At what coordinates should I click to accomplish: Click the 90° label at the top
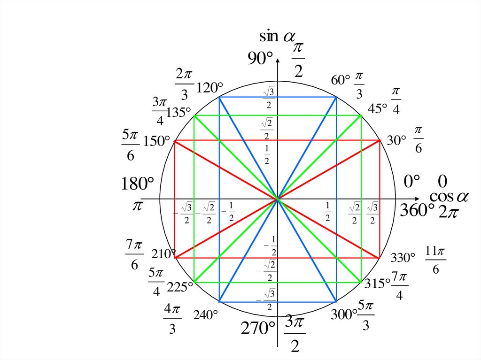(x=260, y=59)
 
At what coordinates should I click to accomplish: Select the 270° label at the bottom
(x=258, y=328)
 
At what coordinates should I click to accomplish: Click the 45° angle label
(x=377, y=109)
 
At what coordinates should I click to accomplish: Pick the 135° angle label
(x=179, y=113)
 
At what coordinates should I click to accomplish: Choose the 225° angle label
(x=180, y=287)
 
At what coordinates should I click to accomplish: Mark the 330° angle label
(x=403, y=258)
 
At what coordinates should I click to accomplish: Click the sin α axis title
(x=275, y=37)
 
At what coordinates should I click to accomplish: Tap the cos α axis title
(x=449, y=197)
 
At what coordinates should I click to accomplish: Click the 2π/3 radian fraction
(x=184, y=84)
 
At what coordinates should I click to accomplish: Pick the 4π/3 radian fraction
(x=172, y=319)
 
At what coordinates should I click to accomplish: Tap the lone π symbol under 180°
(x=137, y=206)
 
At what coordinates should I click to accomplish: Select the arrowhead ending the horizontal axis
(x=416, y=199)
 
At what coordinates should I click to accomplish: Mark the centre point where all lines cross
(x=278, y=199)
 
